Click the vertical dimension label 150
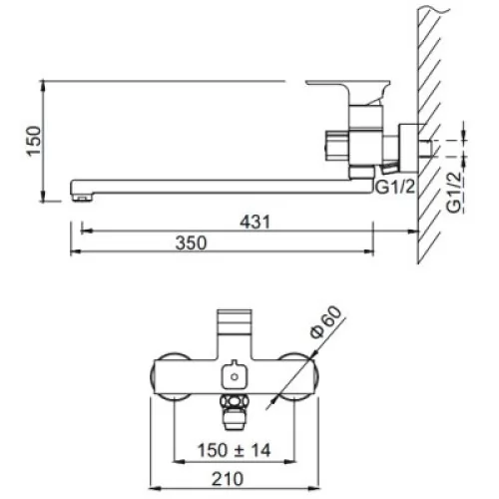34,141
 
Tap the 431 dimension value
255,222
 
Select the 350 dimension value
191,243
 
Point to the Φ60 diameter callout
326,321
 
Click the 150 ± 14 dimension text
234,450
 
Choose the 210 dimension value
228,479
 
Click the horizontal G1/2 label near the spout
395,187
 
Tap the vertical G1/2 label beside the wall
454,192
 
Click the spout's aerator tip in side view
82,198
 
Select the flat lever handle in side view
348,83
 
